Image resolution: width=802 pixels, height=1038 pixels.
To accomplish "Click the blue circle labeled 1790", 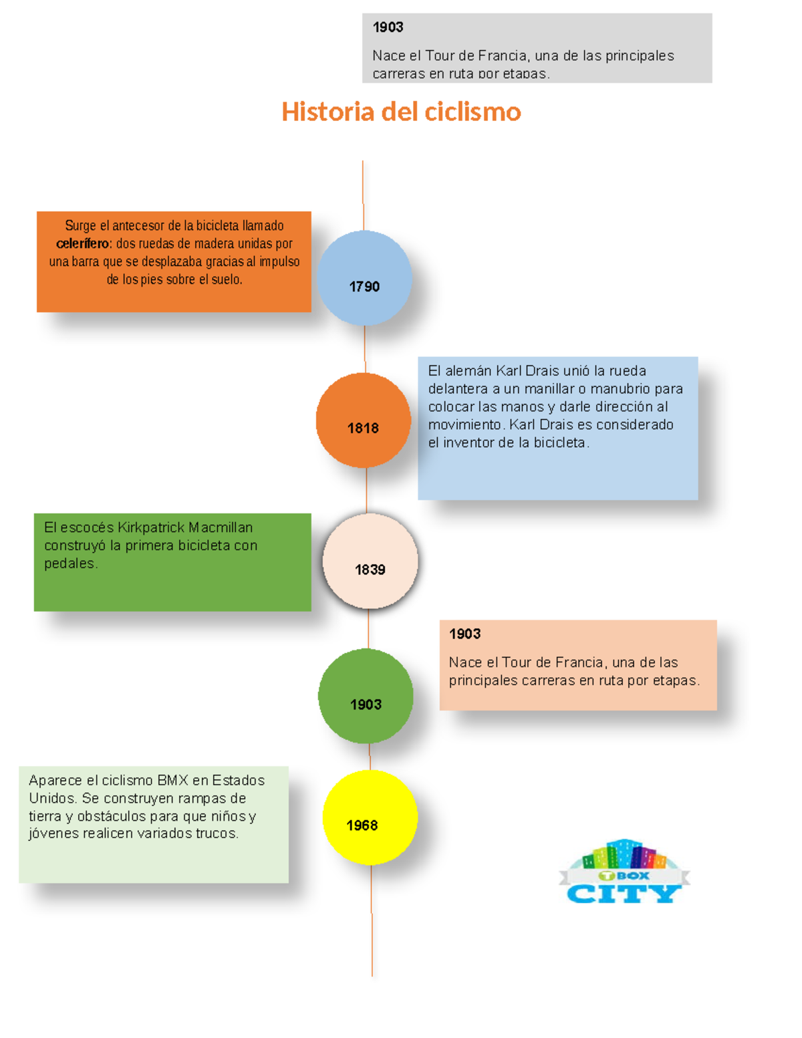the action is coord(364,278).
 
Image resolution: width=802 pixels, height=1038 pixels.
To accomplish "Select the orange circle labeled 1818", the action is coord(364,420).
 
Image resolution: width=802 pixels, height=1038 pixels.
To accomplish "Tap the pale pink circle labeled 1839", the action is coord(370,561).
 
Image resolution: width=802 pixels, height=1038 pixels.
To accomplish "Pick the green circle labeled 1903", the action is coord(366,696).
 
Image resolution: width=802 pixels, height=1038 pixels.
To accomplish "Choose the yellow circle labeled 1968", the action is coord(370,817).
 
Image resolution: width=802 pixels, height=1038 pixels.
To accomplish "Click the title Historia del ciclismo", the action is coord(401,112).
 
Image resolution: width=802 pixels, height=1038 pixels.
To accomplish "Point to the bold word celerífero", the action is coord(83,243).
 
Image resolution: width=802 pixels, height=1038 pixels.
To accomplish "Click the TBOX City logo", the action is coord(625,872).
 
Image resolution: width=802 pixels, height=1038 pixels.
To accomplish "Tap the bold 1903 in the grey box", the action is coord(388,27).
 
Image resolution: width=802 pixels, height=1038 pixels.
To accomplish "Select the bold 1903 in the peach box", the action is coord(464,634).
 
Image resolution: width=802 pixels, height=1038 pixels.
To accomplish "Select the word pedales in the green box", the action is coord(70,563).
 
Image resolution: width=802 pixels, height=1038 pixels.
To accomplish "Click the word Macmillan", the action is coord(221,527).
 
